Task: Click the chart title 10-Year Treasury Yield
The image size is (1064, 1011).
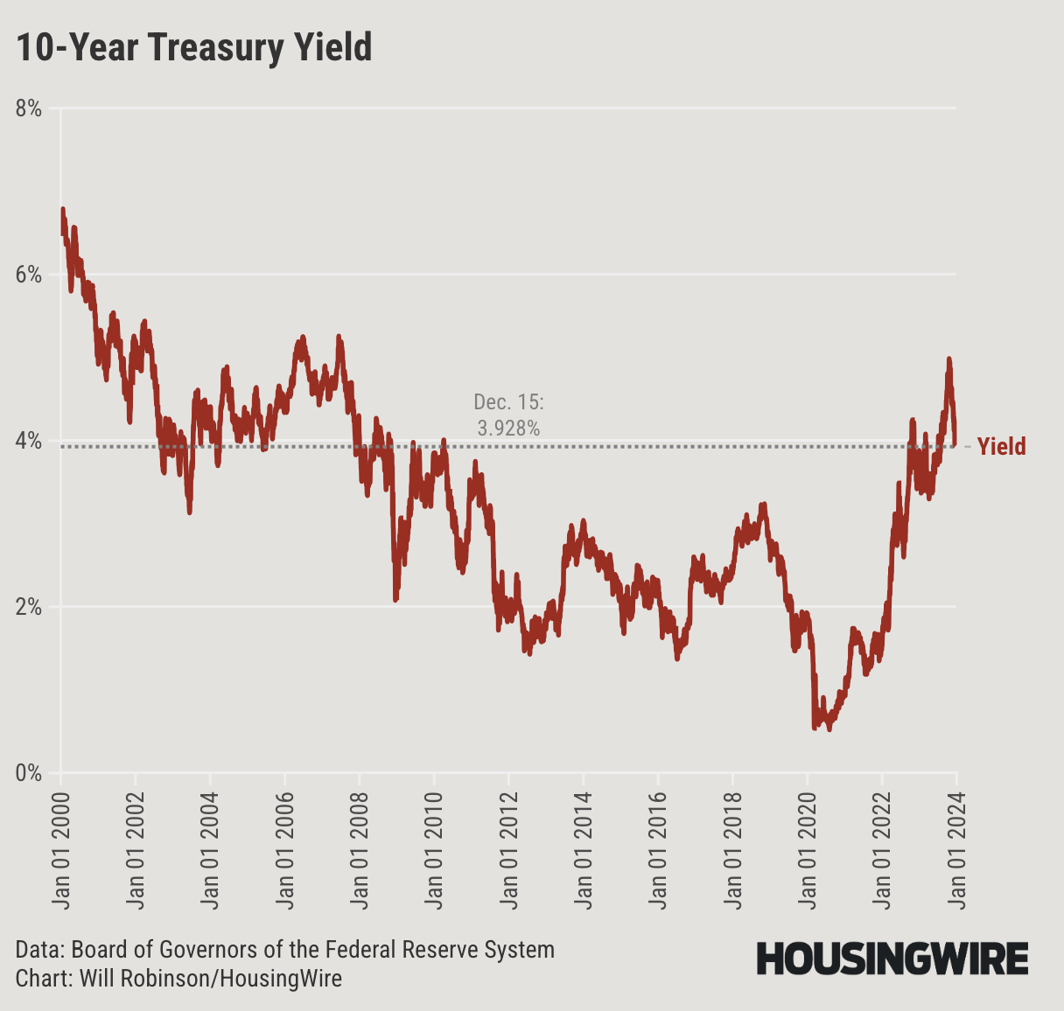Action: [x=194, y=47]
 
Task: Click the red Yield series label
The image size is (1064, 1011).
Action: [x=1001, y=447]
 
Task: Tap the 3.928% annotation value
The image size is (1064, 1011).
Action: [x=508, y=429]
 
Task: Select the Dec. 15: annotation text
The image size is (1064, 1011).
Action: [x=508, y=402]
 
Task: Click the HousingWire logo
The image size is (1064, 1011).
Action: [x=892, y=959]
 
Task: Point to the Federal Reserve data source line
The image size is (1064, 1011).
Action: [x=285, y=950]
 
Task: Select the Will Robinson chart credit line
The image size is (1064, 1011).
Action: [x=178, y=978]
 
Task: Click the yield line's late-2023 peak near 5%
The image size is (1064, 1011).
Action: [x=948, y=359]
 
